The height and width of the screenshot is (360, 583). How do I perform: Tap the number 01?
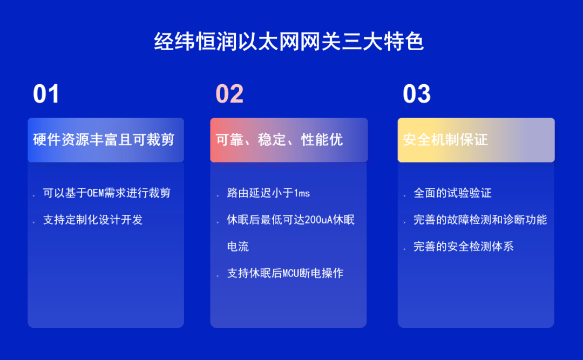(46, 94)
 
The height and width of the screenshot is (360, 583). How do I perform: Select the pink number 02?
(230, 94)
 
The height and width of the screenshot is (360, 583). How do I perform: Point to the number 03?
(417, 94)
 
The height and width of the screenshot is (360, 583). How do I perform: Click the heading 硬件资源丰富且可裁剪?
(104, 140)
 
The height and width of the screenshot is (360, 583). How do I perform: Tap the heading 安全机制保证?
(445, 140)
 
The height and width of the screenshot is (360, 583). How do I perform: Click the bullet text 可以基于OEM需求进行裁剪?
(106, 193)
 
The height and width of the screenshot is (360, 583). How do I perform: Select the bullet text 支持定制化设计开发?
(92, 220)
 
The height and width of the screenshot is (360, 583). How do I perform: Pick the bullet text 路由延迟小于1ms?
(268, 193)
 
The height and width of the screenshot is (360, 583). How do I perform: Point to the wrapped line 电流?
(238, 247)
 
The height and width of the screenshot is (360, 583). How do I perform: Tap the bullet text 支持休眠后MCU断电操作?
(285, 274)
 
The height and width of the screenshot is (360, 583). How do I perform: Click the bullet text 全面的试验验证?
(452, 193)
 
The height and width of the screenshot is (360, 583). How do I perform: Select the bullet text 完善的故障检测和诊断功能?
(480, 220)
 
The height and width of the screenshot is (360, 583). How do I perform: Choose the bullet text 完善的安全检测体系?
(463, 247)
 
